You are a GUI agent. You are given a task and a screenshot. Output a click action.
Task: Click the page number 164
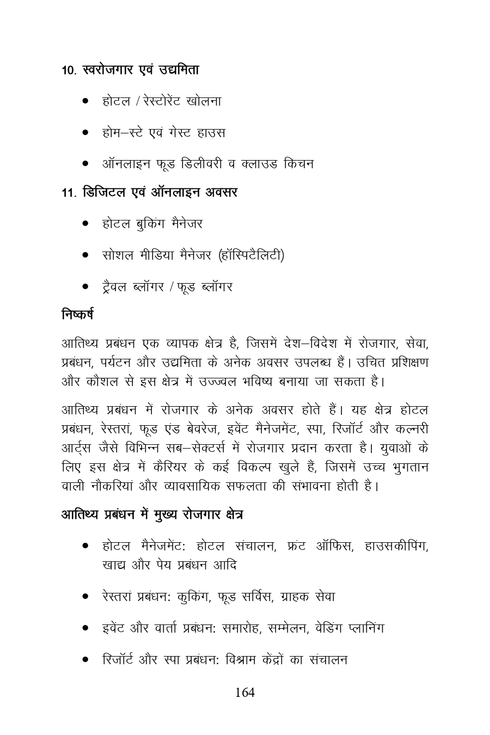(244, 693)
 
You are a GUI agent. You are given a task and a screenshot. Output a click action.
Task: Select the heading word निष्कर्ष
(77, 315)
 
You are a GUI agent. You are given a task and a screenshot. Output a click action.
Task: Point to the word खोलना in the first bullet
(204, 101)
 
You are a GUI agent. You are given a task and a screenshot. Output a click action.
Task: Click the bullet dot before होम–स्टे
(85, 133)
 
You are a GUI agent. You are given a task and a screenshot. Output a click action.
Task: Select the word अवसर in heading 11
(221, 193)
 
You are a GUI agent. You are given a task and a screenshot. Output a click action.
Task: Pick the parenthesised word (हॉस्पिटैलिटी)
(250, 255)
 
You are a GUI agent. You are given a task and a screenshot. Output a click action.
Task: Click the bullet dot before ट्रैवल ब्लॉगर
(85, 286)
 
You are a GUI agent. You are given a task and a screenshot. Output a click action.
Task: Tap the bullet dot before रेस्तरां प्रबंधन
(85, 597)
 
